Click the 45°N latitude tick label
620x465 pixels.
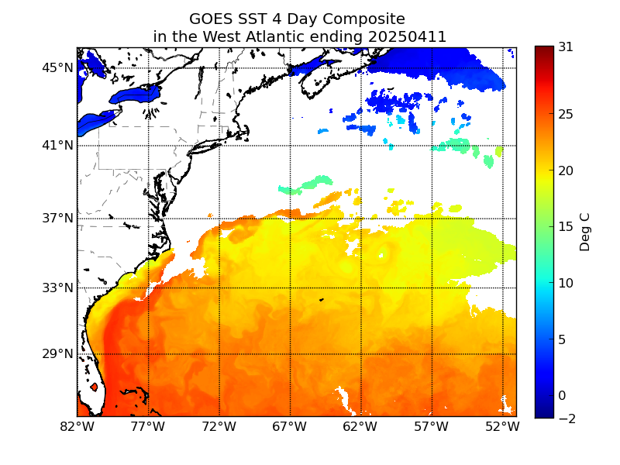57,68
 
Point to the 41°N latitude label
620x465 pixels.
57,146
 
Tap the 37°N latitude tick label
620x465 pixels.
57,219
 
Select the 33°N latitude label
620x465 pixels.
57,288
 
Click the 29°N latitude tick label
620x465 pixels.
57,354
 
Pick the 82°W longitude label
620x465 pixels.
77,427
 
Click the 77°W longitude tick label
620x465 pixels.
148,427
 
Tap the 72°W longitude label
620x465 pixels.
219,427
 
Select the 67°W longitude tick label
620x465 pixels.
290,427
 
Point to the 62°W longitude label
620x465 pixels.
360,427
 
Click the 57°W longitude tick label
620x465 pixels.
432,427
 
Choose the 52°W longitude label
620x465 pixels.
502,427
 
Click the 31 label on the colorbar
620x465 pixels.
566,47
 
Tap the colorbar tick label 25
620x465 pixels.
566,114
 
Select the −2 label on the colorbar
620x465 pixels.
567,418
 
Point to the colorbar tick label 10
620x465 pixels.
566,283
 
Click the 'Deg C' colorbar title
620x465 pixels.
584,232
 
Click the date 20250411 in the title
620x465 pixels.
408,36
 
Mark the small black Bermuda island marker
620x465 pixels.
322,300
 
